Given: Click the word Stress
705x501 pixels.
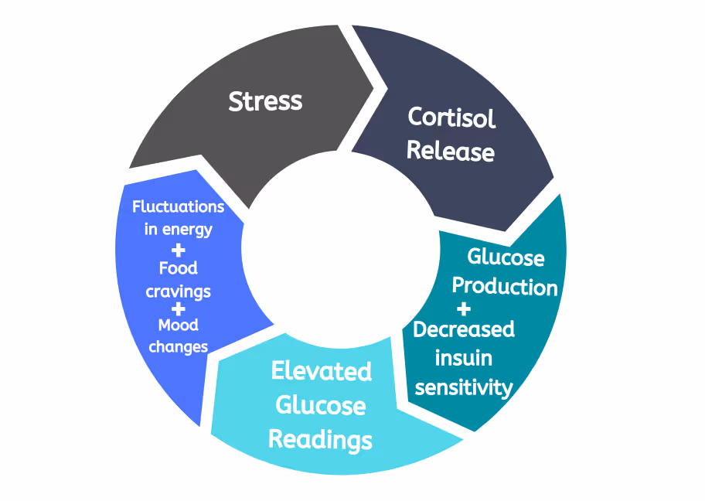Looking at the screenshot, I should (265, 101).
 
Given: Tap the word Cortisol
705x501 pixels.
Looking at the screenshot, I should (451, 118).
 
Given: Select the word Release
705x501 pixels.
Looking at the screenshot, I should (451, 151).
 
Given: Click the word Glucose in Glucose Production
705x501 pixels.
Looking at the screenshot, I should (506, 257).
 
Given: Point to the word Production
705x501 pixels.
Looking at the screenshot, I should (505, 286).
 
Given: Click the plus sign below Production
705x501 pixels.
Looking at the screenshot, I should (463, 310).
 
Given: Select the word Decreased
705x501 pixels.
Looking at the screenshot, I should (464, 329).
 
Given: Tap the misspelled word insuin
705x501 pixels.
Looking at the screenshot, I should (464, 358).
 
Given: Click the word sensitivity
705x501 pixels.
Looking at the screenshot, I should (464, 387).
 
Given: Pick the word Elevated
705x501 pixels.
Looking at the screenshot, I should (321, 371).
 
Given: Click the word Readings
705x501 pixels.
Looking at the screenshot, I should (320, 439).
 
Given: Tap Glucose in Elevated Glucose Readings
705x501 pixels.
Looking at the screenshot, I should (321, 405).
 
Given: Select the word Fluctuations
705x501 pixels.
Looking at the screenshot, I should (179, 207).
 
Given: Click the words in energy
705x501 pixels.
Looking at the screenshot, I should (179, 230).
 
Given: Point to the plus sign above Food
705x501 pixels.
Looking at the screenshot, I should (178, 250).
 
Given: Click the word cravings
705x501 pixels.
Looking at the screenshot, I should (179, 292).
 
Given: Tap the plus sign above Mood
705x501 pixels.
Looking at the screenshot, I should (178, 308).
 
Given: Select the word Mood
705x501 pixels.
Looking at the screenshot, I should (179, 325).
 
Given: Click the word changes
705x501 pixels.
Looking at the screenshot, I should (179, 347).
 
